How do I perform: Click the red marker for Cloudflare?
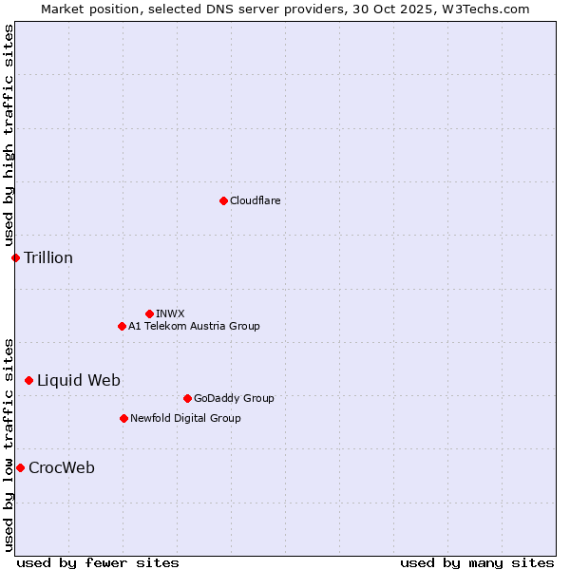[x=223, y=200]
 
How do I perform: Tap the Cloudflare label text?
[x=255, y=200]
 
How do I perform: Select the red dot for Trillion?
[x=15, y=257]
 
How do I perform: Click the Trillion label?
[x=48, y=257]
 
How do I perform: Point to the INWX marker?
[x=149, y=313]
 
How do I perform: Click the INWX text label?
[x=170, y=313]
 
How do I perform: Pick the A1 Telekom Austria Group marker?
[x=122, y=326]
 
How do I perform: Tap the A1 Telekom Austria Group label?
[x=194, y=326]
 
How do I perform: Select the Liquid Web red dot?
[x=28, y=380]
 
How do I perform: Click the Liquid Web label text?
[x=79, y=380]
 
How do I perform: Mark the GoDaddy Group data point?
[x=187, y=398]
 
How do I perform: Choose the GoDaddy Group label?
[x=234, y=398]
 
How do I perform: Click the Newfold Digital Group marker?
[x=123, y=418]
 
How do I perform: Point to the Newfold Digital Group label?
[x=185, y=418]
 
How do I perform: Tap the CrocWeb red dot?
[x=20, y=467]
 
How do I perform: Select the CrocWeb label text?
[x=62, y=467]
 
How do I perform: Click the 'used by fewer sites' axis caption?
[x=98, y=562]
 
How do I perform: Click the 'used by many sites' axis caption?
[x=477, y=562]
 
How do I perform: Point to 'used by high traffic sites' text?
[x=9, y=136]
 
